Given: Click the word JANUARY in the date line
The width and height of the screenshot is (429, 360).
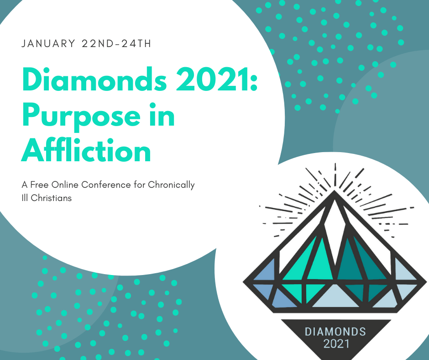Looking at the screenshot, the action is pyautogui.click(x=48, y=44).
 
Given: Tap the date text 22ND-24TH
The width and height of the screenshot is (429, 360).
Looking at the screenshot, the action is pyautogui.click(x=116, y=44).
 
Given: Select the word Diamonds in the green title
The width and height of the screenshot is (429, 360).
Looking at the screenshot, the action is pyautogui.click(x=94, y=79).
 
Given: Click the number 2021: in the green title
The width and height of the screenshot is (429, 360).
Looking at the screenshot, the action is pyautogui.click(x=217, y=79).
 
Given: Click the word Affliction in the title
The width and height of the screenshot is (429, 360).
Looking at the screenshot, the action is pyautogui.click(x=86, y=150).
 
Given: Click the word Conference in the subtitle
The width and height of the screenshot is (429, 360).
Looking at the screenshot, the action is pyautogui.click(x=106, y=185).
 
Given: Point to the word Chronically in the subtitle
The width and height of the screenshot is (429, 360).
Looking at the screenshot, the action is pyautogui.click(x=171, y=185).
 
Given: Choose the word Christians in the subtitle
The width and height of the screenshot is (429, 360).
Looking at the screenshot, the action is pyautogui.click(x=51, y=198).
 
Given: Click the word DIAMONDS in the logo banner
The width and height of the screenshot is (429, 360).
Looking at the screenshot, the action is pyautogui.click(x=335, y=332).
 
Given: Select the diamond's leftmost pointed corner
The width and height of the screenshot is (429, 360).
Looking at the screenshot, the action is pyautogui.click(x=243, y=281).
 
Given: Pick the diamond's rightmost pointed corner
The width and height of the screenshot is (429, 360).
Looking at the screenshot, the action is pyautogui.click(x=426, y=281).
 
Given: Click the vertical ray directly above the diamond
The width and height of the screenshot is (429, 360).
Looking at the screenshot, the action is pyautogui.click(x=335, y=175).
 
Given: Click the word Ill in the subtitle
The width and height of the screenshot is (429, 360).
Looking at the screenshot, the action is pyautogui.click(x=25, y=198).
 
